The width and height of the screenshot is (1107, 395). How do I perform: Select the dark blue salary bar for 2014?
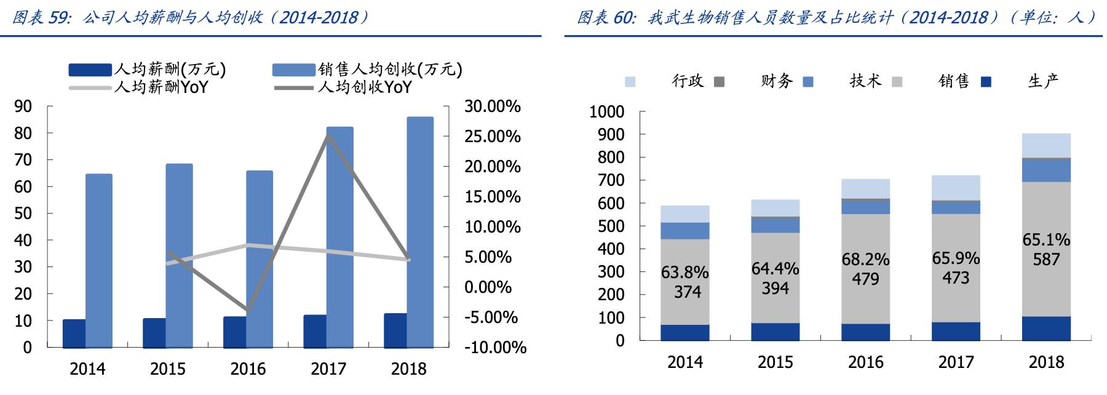(74, 333)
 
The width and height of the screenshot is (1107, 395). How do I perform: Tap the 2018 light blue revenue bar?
(420, 232)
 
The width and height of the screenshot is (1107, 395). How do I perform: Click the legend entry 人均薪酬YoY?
(161, 87)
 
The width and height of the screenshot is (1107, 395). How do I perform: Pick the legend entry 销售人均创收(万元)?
(389, 69)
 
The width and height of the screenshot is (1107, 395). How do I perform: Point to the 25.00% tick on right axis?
(492, 137)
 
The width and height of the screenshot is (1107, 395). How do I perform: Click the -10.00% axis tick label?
(495, 348)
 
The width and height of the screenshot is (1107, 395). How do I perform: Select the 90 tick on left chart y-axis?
(23, 106)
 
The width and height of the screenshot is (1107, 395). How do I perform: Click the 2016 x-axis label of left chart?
(248, 369)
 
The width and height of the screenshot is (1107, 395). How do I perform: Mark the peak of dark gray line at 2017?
(328, 135)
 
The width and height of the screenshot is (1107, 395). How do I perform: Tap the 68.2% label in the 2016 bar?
(865, 260)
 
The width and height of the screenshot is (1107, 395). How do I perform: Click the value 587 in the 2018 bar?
(1046, 260)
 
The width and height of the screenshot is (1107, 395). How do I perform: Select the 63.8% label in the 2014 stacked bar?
(684, 272)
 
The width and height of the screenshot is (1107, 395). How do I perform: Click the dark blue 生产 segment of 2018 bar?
(1046, 329)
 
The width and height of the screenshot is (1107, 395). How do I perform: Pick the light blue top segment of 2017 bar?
(956, 188)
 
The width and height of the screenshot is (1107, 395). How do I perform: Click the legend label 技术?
(865, 81)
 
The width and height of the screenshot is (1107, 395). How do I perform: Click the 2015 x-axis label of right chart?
(775, 362)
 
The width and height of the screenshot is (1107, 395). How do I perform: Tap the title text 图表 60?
(605, 17)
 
